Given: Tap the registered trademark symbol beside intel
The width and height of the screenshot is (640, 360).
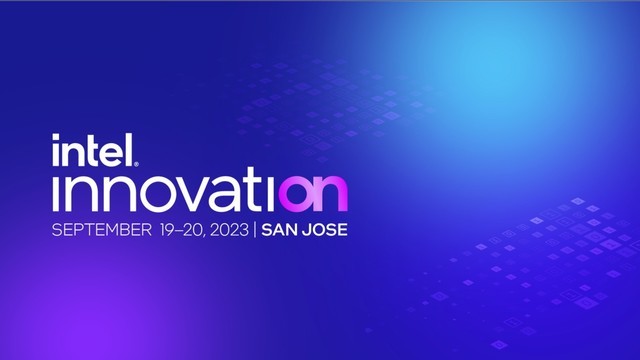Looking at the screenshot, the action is point(136,164).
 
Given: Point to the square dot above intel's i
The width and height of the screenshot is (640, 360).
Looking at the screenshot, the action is point(56,137).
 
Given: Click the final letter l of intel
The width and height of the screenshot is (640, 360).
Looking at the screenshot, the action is point(130,150).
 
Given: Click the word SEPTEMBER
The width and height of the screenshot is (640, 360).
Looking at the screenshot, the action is point(102,230).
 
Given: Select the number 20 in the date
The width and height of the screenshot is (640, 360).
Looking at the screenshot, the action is point(193,230).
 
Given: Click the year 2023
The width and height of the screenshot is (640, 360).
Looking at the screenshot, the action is point(229,230).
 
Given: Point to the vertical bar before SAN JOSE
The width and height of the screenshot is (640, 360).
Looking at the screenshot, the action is point(255,230).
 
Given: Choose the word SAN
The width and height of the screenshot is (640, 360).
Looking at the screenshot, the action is point(279,230).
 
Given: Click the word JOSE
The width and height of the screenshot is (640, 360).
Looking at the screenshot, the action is point(326,230).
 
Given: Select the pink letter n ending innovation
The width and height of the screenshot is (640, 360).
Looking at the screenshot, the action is point(331,193).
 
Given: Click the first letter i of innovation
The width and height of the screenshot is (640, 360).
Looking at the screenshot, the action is point(56,193).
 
